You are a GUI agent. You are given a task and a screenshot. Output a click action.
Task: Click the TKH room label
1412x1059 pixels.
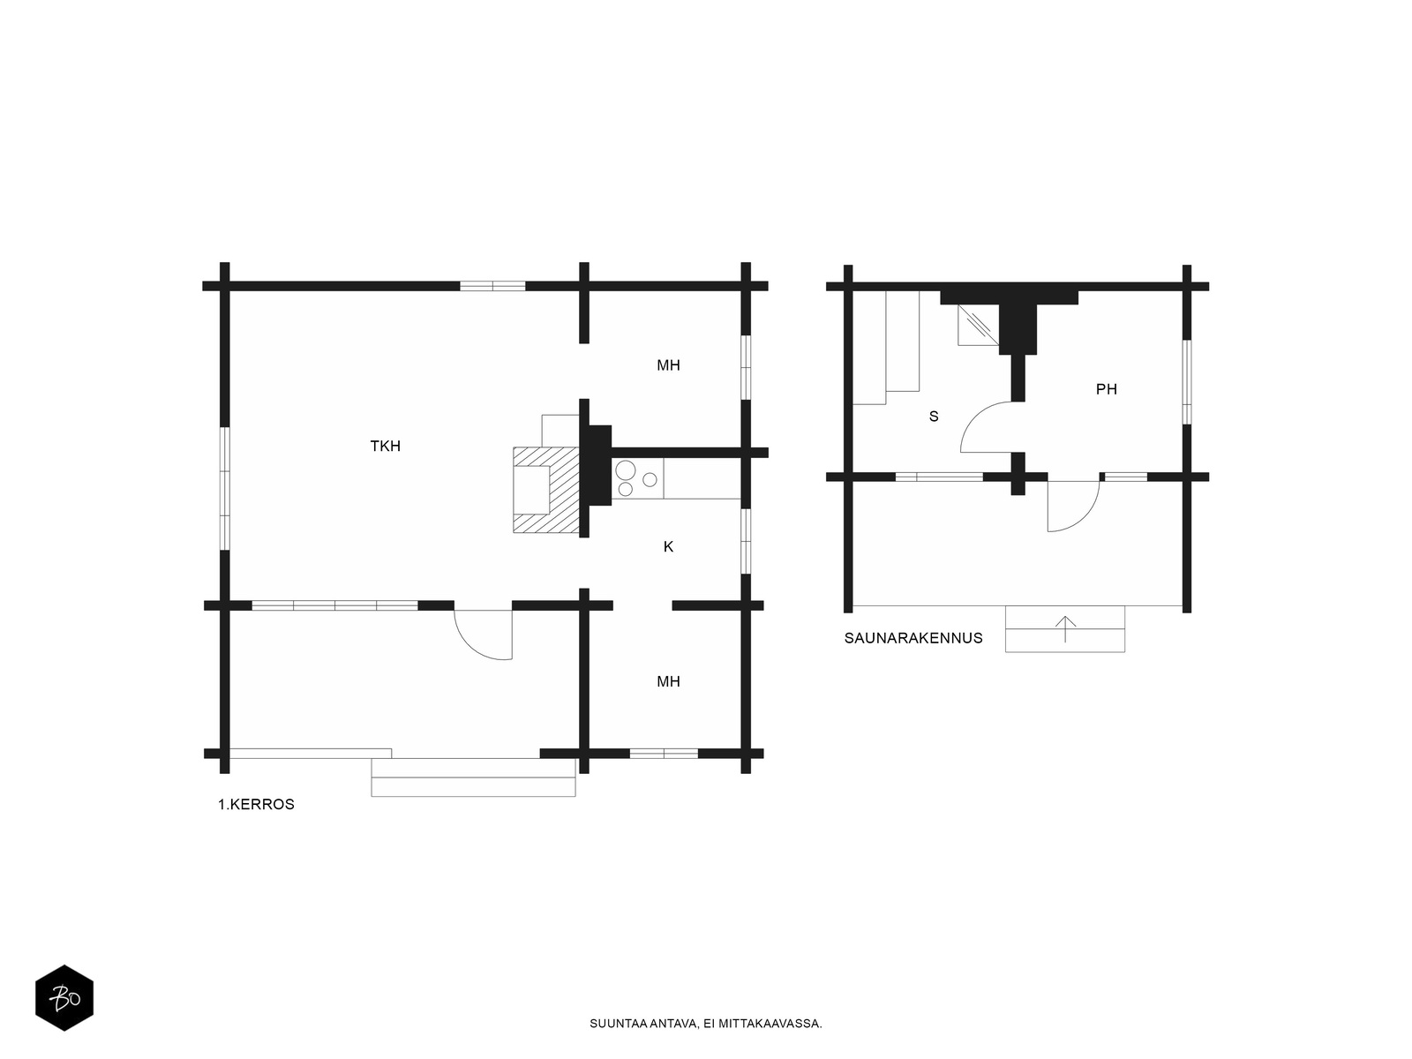pos(386,446)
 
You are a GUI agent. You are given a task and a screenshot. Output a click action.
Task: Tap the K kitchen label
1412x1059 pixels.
pos(668,546)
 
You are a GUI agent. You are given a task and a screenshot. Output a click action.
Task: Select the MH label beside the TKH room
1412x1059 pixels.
pos(668,365)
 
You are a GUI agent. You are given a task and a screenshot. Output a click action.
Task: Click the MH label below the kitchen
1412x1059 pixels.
pos(668,681)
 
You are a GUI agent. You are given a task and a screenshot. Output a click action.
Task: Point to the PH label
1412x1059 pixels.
pos(1107,389)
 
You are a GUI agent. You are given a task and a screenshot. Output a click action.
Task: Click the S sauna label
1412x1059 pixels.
pos(934,417)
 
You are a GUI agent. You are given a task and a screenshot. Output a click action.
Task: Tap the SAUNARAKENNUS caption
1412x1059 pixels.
pos(913,638)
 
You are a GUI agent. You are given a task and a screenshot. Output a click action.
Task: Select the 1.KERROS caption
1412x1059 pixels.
pos(256,804)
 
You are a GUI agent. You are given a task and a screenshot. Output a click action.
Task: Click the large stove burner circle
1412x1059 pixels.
pos(626,470)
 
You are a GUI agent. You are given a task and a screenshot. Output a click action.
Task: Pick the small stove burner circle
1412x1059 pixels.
pos(650,479)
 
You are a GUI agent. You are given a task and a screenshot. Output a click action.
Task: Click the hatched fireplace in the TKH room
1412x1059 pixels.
pos(546,490)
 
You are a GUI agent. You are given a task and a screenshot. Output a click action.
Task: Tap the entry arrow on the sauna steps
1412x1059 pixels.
pos(1065,629)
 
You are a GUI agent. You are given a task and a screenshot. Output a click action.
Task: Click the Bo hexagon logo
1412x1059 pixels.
pos(64,998)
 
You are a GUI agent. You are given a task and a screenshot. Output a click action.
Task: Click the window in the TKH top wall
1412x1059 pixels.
pos(492,286)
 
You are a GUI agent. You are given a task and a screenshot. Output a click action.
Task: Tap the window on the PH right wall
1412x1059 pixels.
pos(1187,382)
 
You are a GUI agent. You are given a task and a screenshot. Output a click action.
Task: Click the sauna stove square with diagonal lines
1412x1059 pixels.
pos(979,325)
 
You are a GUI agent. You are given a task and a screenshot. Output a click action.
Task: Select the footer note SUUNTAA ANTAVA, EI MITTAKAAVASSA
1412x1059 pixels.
pos(706,1024)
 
